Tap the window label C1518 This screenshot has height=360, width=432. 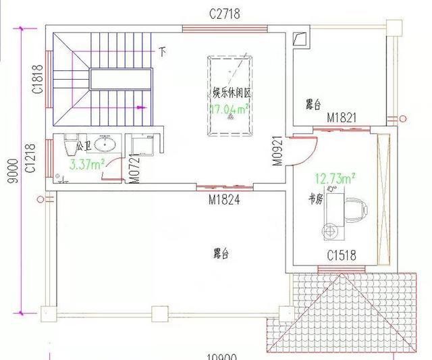click(x=342, y=256)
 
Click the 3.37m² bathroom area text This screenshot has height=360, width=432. click(x=85, y=163)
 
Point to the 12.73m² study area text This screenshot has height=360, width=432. click(x=335, y=178)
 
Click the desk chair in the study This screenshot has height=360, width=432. click(x=356, y=208)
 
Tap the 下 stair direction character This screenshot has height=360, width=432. click(x=162, y=50)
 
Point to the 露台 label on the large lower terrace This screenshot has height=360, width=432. click(x=221, y=254)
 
